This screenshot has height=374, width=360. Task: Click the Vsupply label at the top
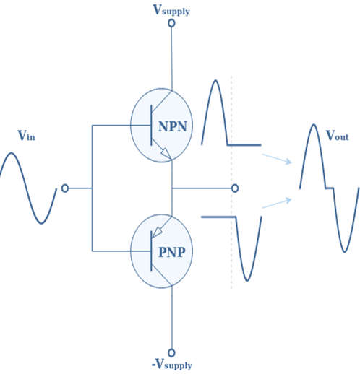[x=171, y=10]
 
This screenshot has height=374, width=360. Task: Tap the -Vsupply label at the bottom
[x=171, y=364]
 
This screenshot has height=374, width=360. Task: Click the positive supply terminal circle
[x=171, y=23]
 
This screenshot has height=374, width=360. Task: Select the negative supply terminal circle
[x=171, y=352]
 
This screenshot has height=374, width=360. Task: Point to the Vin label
[x=27, y=136]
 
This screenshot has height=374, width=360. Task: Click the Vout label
[x=338, y=136]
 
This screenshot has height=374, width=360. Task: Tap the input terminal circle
[x=65, y=188]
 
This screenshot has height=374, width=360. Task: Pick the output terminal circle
[x=235, y=188]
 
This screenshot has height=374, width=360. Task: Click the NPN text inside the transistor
[x=173, y=126]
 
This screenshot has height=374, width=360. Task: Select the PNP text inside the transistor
[x=172, y=252]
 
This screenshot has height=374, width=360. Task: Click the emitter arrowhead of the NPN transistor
[x=166, y=153]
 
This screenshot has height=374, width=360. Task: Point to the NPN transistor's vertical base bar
[x=151, y=125]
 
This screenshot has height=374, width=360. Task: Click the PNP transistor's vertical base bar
[x=151, y=251]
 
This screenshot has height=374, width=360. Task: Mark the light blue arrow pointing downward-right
[x=277, y=159]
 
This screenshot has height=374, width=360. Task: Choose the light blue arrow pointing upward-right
[x=277, y=203]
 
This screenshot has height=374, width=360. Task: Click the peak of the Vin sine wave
[x=11, y=153]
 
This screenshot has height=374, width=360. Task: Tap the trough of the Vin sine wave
[x=41, y=223]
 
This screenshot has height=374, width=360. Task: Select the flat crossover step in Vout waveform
[x=330, y=188]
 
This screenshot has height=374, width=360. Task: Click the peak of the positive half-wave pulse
[x=215, y=81]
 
